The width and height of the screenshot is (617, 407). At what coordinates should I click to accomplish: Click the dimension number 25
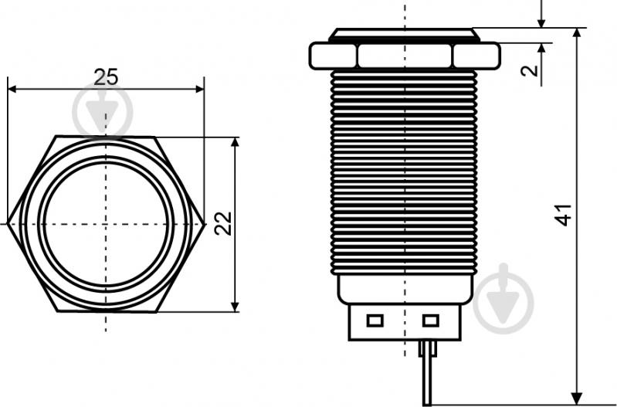[x=106, y=77]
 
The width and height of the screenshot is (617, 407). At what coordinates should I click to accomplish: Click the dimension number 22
[x=223, y=223]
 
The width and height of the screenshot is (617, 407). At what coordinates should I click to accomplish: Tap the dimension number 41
[x=563, y=215]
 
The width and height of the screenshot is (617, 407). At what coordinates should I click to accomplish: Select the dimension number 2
[x=530, y=70]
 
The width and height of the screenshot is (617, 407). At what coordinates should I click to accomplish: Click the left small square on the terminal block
[x=375, y=320]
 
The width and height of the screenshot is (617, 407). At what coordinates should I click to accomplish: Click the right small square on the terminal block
[x=430, y=320]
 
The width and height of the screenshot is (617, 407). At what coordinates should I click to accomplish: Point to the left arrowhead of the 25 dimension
[x=12, y=90]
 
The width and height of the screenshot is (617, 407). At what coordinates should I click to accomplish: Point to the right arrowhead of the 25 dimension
[x=200, y=90]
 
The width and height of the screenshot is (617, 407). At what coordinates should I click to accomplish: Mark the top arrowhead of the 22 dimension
[x=235, y=142]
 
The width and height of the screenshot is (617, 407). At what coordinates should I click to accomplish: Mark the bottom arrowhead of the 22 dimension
[x=235, y=307]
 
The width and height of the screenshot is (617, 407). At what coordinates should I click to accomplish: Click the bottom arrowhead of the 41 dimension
[x=577, y=399]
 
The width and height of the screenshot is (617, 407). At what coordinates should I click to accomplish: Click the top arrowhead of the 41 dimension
[x=577, y=33]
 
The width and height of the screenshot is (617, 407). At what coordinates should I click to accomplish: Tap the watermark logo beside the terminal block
[x=503, y=298]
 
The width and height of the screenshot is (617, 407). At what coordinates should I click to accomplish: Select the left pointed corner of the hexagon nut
[x=8, y=224]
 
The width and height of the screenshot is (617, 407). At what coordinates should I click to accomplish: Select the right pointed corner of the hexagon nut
[x=204, y=224]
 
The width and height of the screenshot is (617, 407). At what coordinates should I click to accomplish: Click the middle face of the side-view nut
[x=405, y=56]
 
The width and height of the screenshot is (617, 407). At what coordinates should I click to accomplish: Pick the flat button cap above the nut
[x=405, y=35]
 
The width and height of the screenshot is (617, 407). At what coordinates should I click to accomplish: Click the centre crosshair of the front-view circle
[x=106, y=224]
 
